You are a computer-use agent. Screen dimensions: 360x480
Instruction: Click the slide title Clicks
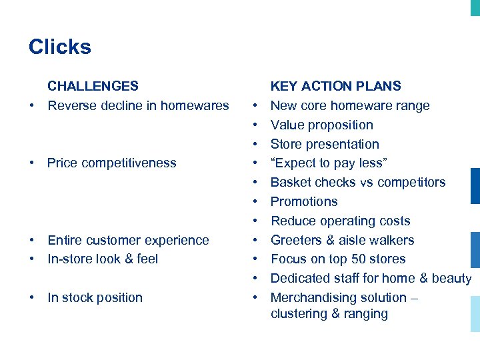pyautogui.click(x=60, y=47)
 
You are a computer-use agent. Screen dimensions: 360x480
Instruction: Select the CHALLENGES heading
pyautogui.click(x=93, y=86)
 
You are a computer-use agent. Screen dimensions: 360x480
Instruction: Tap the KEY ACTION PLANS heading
pyautogui.click(x=335, y=86)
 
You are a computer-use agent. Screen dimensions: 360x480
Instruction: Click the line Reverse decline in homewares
pyautogui.click(x=138, y=105)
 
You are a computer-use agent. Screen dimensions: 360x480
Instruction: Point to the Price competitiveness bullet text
pyautogui.click(x=111, y=163)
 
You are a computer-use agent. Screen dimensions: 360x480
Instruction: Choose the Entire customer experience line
pyautogui.click(x=128, y=240)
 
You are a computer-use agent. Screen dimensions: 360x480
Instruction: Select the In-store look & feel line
pyautogui.click(x=103, y=259)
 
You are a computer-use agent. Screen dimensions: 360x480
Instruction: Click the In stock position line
pyautogui.click(x=95, y=298)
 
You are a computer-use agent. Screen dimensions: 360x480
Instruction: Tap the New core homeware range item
pyautogui.click(x=349, y=105)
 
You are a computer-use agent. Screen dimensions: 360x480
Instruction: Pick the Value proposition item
pyautogui.click(x=321, y=125)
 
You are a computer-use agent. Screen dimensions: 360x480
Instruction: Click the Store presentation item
pyautogui.click(x=324, y=144)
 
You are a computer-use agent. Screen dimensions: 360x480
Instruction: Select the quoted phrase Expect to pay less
pyautogui.click(x=328, y=163)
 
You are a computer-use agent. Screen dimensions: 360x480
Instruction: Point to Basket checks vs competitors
pyautogui.click(x=357, y=183)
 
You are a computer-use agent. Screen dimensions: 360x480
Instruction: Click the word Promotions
pyautogui.click(x=303, y=202)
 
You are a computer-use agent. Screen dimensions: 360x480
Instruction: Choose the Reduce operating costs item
pyautogui.click(x=340, y=221)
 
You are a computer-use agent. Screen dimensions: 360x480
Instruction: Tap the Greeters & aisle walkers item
pyautogui.click(x=342, y=240)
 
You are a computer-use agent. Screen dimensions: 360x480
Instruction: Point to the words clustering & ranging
pyautogui.click(x=329, y=314)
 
